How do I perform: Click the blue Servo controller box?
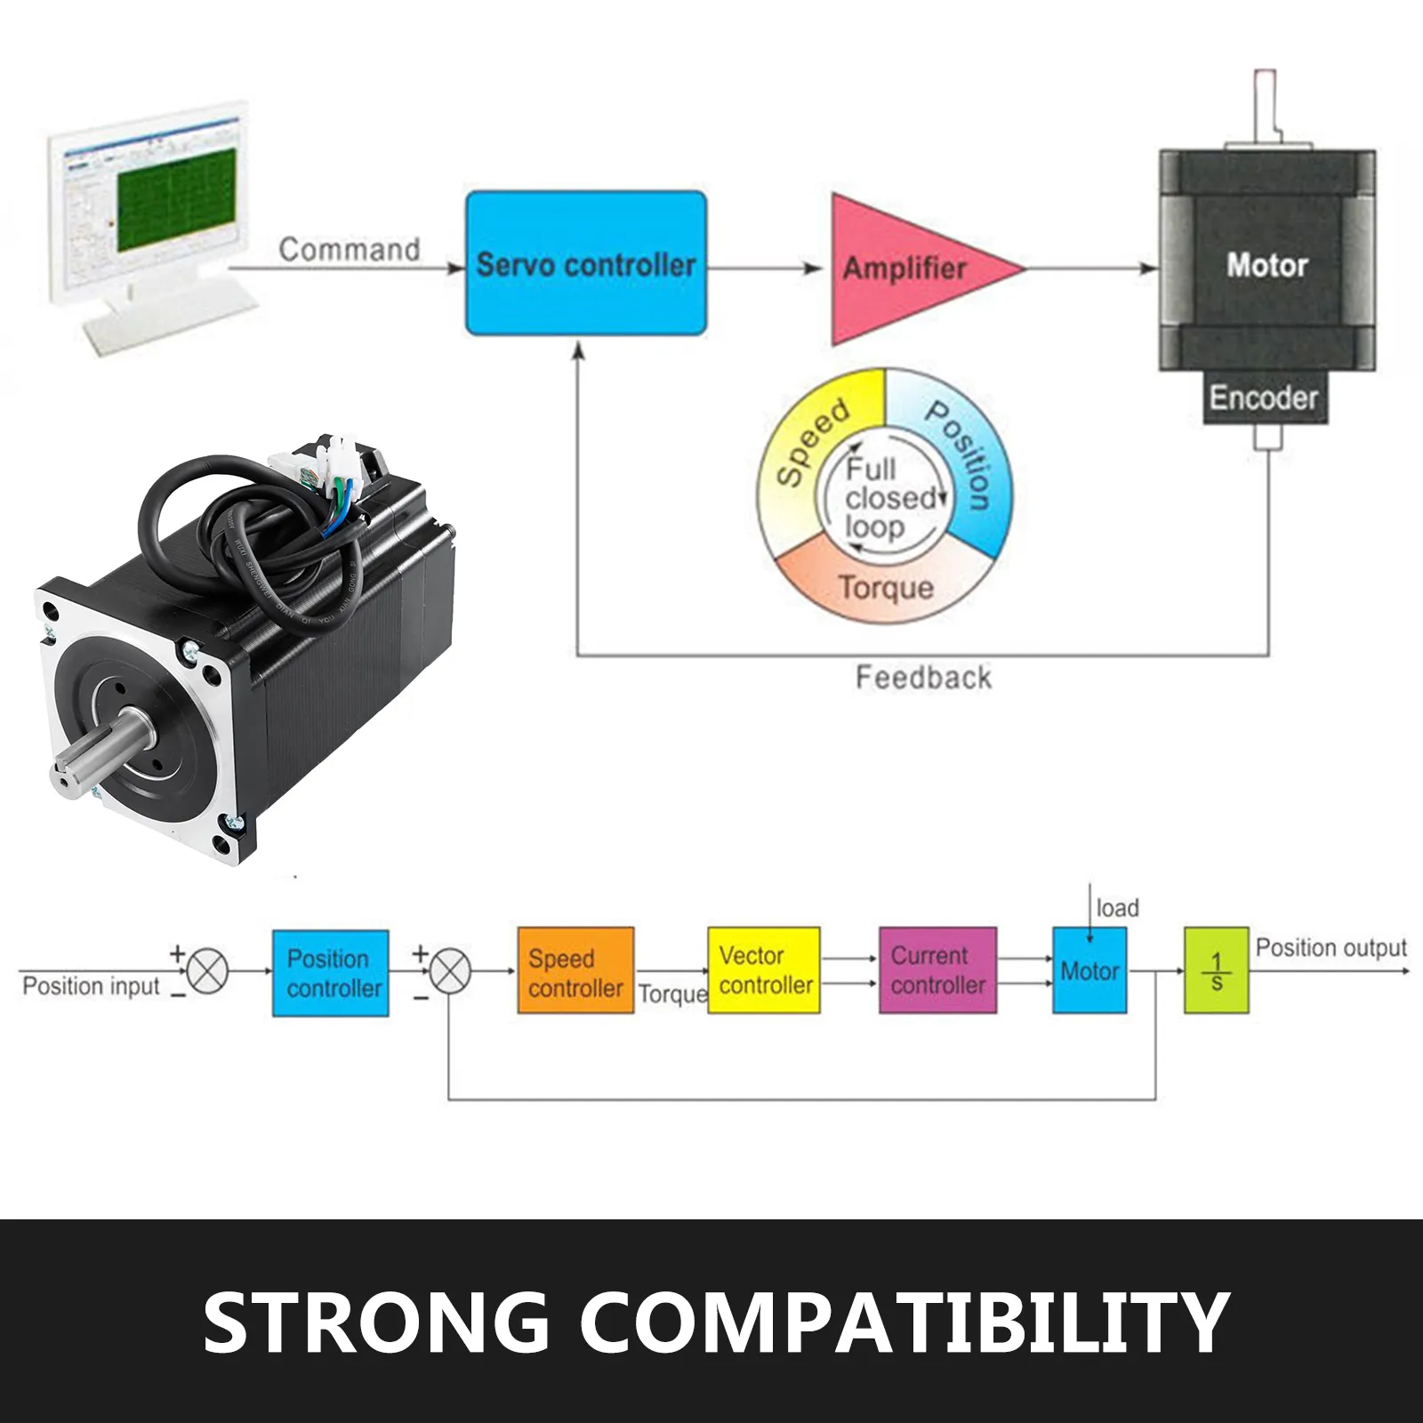586,263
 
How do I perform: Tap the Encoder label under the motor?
1263,398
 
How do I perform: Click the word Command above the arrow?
349,249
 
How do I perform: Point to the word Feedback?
923,678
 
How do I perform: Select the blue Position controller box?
331,973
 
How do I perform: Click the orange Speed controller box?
575,971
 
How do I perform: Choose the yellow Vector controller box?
764,970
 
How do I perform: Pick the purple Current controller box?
937,970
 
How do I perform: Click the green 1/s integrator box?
1216,970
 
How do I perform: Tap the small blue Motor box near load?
1089,970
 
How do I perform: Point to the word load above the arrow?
1117,908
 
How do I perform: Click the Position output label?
1331,948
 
